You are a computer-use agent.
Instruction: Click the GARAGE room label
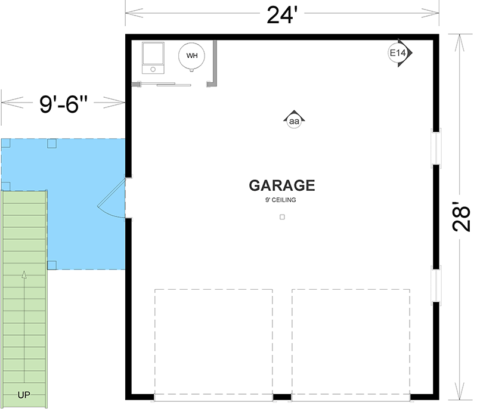click(x=281, y=185)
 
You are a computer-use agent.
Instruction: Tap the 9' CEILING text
click(x=281, y=200)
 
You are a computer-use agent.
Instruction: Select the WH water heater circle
click(x=192, y=55)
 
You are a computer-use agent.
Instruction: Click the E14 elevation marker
click(x=398, y=53)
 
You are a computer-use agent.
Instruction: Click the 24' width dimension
click(x=281, y=14)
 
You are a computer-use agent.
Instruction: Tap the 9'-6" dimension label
click(x=63, y=105)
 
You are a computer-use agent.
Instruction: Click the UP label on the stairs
click(x=24, y=395)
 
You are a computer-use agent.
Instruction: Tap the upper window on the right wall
click(x=436, y=147)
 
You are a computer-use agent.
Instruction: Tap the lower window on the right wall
click(x=436, y=286)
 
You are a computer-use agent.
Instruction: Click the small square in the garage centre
click(x=282, y=217)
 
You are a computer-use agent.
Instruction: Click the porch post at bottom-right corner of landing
click(x=52, y=265)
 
